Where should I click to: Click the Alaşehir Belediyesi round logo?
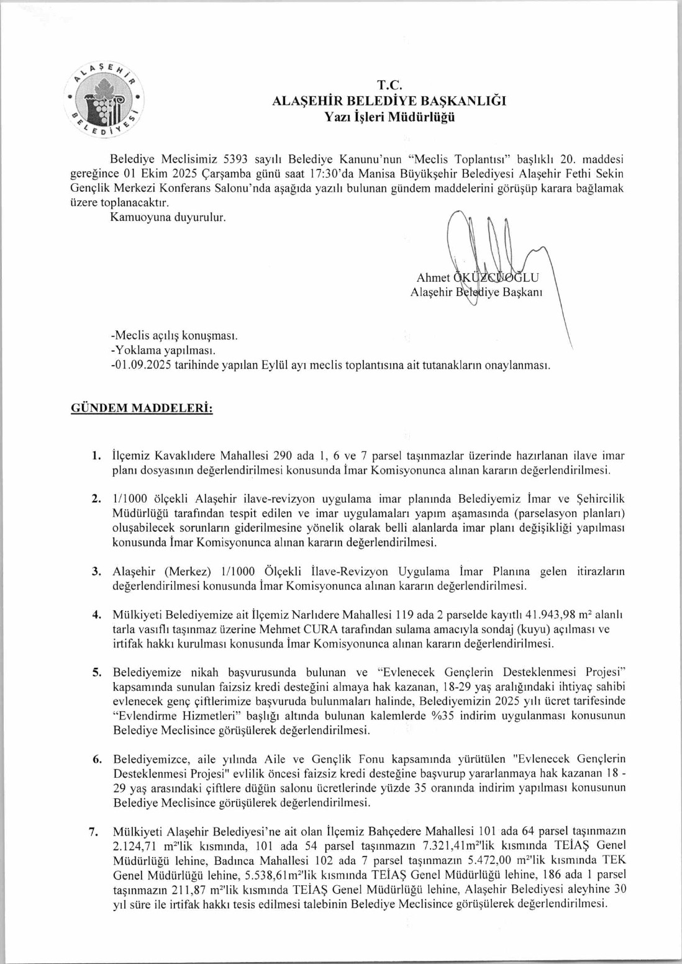(x=104, y=99)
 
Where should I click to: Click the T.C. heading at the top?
(x=389, y=86)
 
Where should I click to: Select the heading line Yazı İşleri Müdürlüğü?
(x=389, y=117)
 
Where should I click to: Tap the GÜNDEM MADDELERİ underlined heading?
(x=142, y=408)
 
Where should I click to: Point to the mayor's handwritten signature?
(x=491, y=261)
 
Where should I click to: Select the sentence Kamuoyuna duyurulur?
(x=168, y=217)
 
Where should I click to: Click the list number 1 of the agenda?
(x=96, y=456)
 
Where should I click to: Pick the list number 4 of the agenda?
(x=96, y=615)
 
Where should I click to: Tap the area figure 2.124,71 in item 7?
(x=135, y=846)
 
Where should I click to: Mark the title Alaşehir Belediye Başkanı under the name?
(x=476, y=292)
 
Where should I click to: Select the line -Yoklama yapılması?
(x=163, y=351)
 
